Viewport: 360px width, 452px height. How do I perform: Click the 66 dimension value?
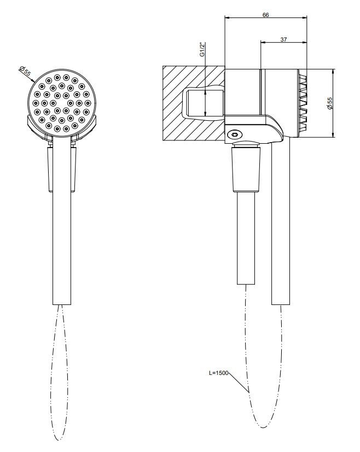pyautogui.click(x=265, y=15)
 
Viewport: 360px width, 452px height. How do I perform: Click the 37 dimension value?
pyautogui.click(x=283, y=39)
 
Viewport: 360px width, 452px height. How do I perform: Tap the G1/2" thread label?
pyautogui.click(x=202, y=49)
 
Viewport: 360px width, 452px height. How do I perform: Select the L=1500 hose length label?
pyautogui.click(x=218, y=373)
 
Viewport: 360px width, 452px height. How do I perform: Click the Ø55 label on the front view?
pyautogui.click(x=25, y=71)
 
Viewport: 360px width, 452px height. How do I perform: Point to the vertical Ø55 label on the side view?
pyautogui.click(x=329, y=103)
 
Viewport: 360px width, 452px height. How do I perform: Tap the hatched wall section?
pyautogui.click(x=194, y=103)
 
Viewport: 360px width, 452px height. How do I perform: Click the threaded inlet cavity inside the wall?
pyautogui.click(x=203, y=103)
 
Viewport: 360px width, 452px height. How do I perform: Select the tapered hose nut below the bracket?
pyautogui.click(x=246, y=169)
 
